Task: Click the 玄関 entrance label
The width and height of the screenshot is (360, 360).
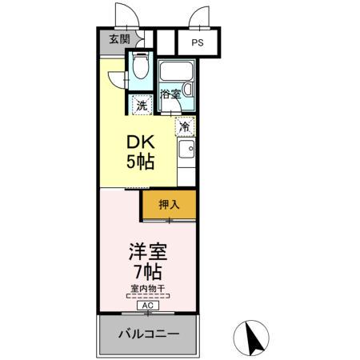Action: point(119,40)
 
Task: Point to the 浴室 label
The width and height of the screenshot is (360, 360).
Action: point(170,95)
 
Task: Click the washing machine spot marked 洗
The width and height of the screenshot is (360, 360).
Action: point(142,104)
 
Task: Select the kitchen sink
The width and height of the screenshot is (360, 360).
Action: point(186,149)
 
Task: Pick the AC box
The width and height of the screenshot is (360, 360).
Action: point(147,305)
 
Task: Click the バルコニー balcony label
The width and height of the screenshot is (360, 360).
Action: point(148,334)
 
